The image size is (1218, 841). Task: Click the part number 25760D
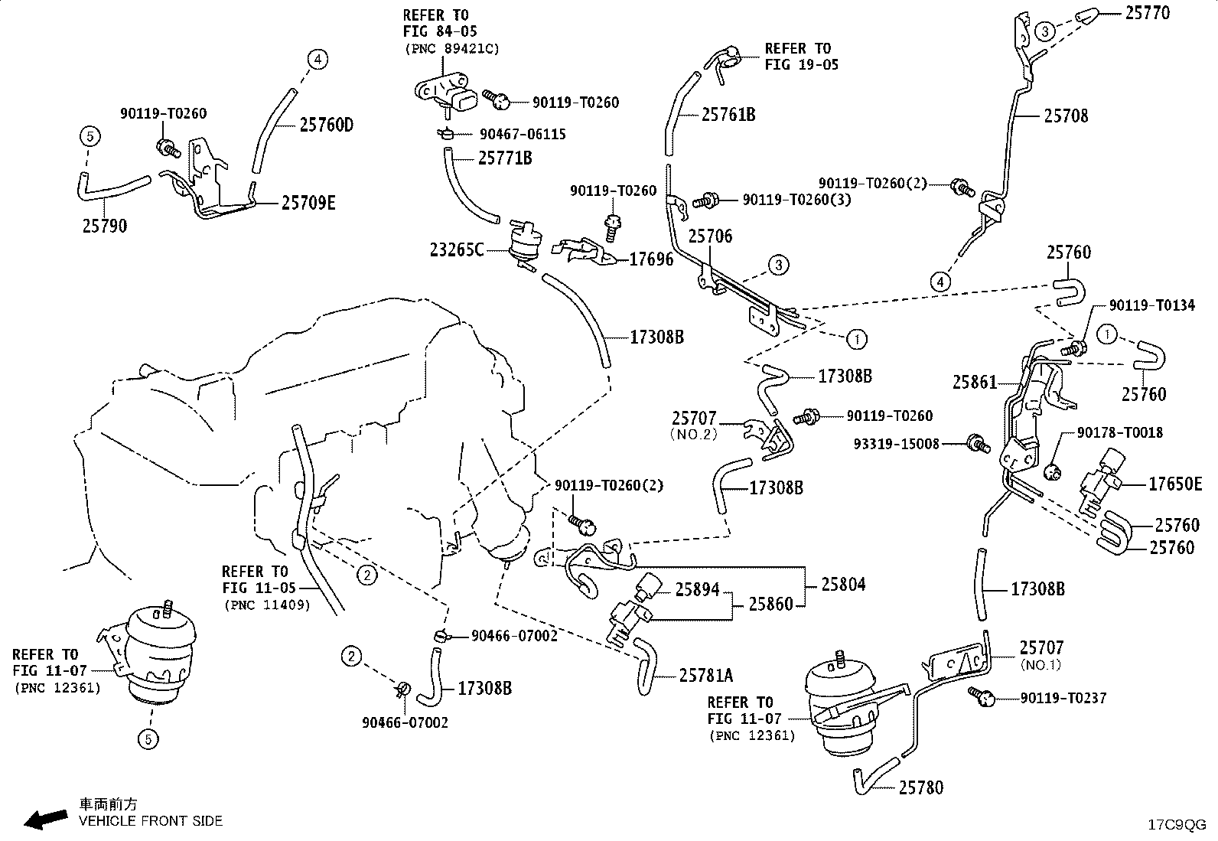[x=326, y=125]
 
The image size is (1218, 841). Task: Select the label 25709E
[x=308, y=203]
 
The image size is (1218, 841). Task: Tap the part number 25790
[x=104, y=226]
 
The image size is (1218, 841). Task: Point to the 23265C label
[x=456, y=249]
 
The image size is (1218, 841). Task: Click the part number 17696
[x=651, y=259]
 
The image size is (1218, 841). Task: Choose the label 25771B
[x=505, y=158]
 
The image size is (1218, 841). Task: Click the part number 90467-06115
[x=523, y=135]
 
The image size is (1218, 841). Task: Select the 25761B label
[x=728, y=115]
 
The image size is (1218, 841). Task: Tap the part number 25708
[x=1066, y=116]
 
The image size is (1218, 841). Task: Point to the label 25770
[x=1148, y=12]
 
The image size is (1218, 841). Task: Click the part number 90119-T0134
[x=1151, y=305]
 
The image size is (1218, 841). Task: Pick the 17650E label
[x=1175, y=484]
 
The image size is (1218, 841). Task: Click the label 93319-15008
[x=896, y=445]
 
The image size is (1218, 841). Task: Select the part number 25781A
[x=706, y=676]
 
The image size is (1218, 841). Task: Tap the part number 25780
[x=921, y=787]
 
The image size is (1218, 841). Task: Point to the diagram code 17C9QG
[x=1177, y=825]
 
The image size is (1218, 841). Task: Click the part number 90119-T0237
[x=1063, y=698]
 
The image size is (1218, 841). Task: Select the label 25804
[x=843, y=585]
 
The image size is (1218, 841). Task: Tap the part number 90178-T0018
[x=1120, y=433]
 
